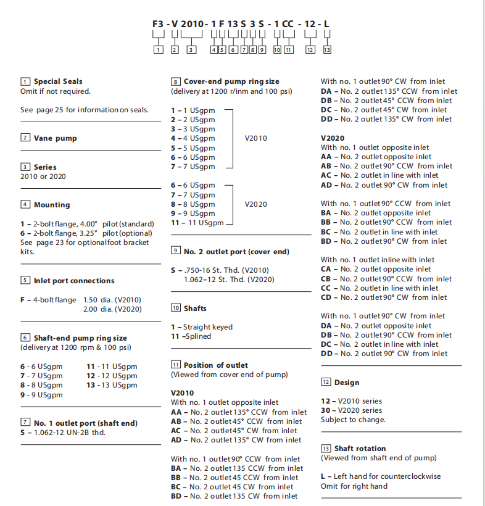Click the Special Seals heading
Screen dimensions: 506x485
click(x=57, y=81)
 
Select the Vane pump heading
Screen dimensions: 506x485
click(x=55, y=138)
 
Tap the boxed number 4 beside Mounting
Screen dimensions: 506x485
click(x=25, y=204)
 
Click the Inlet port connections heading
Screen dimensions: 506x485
click(x=74, y=280)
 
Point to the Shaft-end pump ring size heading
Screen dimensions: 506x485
click(x=80, y=338)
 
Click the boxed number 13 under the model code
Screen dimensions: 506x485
click(x=327, y=50)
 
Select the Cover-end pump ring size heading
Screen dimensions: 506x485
click(x=231, y=81)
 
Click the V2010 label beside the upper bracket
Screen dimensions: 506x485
click(x=255, y=138)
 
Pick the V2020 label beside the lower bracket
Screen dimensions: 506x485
click(x=255, y=204)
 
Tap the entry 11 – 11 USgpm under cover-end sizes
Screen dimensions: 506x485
click(x=197, y=223)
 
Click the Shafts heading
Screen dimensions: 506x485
click(x=195, y=308)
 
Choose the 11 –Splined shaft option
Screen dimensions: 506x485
click(x=191, y=336)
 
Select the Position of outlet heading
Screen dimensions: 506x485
click(x=215, y=365)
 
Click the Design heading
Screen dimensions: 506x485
click(x=346, y=383)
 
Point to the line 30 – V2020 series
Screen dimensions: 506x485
click(x=351, y=410)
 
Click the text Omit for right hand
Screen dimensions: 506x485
click(x=354, y=486)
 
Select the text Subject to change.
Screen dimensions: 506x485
click(x=353, y=420)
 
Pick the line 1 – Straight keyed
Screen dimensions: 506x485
click(x=202, y=327)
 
